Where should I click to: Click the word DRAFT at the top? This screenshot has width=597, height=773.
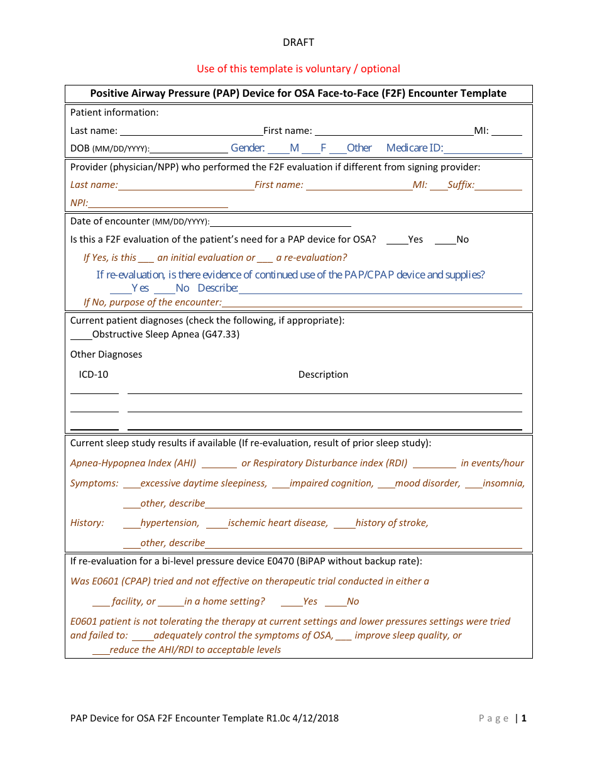coord(298,43)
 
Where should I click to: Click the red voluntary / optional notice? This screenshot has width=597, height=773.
coord(298,69)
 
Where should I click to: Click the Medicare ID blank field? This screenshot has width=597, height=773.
coord(482,150)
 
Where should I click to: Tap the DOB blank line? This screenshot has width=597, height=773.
coord(189,150)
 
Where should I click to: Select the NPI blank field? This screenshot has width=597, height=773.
coord(158,204)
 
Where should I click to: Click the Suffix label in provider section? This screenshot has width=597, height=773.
coord(461,185)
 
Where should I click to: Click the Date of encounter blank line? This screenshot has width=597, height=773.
coord(280,222)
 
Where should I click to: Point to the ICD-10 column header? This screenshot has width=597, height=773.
coord(93,375)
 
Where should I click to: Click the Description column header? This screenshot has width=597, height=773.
coord(323,375)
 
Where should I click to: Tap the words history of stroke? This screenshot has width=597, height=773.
coord(392,523)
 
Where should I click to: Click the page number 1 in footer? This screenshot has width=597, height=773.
coord(523,718)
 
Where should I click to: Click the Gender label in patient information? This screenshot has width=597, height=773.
coord(248,148)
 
